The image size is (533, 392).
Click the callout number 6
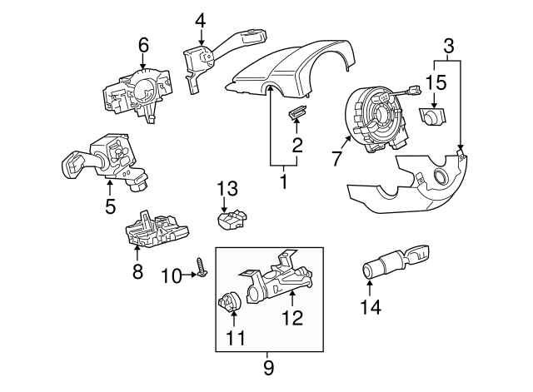[142, 46]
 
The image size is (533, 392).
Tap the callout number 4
[201, 18]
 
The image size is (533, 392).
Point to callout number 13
[227, 187]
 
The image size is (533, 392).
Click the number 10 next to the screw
[170, 275]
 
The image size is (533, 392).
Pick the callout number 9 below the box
[269, 365]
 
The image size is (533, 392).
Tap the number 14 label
[370, 307]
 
